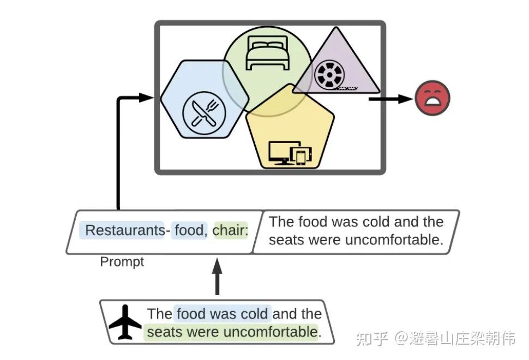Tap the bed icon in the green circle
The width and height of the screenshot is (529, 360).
(x=267, y=52)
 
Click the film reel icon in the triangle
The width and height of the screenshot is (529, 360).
(x=328, y=75)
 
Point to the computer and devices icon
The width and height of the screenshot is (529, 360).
(x=290, y=153)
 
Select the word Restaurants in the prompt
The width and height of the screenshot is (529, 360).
(x=124, y=231)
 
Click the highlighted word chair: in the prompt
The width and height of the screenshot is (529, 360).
(x=230, y=231)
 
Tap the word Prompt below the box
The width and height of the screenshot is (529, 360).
(x=122, y=262)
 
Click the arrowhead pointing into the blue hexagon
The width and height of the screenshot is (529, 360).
(x=146, y=98)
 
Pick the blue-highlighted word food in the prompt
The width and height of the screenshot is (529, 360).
(x=189, y=231)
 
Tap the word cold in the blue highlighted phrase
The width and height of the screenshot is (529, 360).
(x=256, y=314)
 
